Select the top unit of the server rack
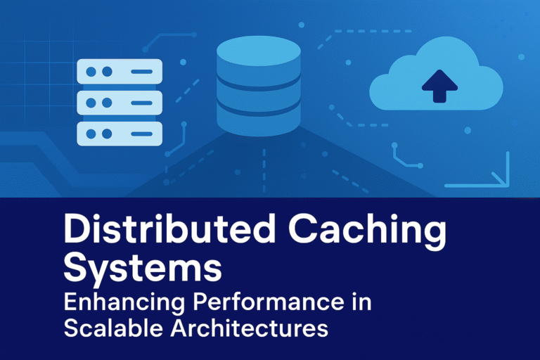pos(119,71)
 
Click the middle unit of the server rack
pos(119,102)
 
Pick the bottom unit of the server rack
pos(119,133)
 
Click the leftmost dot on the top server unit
pos(91,72)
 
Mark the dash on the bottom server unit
pos(141,133)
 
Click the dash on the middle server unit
pos(141,103)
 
